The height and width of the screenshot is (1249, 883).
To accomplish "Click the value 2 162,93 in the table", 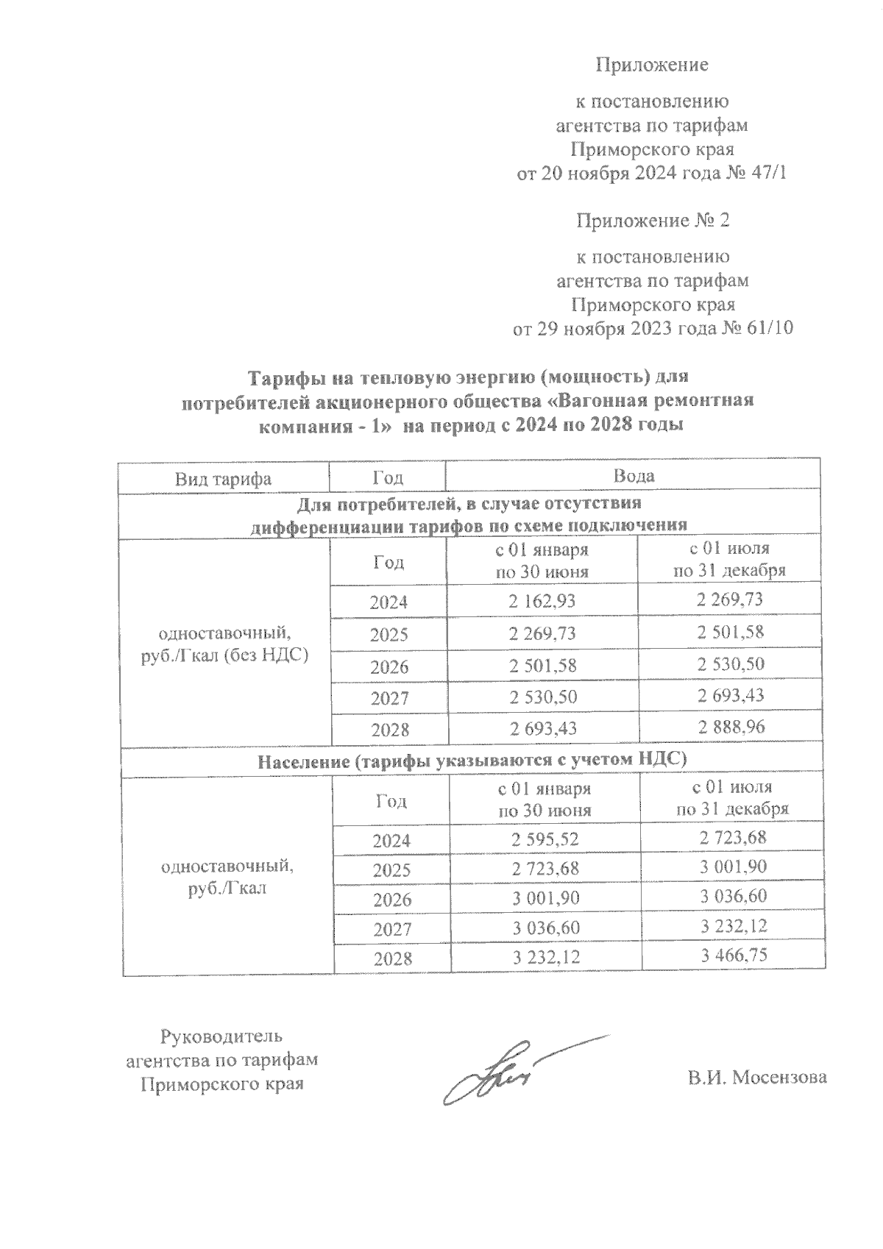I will pos(542,601).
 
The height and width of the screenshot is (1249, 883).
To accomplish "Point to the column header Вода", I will pos(634,477).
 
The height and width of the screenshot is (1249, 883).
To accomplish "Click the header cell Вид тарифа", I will pos(223,479).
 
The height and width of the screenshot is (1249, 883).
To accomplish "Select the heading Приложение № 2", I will pos(653,220).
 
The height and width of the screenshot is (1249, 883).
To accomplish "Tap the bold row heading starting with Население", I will pos(472,761).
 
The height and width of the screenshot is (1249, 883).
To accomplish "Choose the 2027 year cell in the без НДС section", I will pos(389,697).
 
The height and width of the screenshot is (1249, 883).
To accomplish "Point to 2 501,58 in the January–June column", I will pos(542,666).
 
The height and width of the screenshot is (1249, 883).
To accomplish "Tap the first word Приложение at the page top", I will pos(651,65).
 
